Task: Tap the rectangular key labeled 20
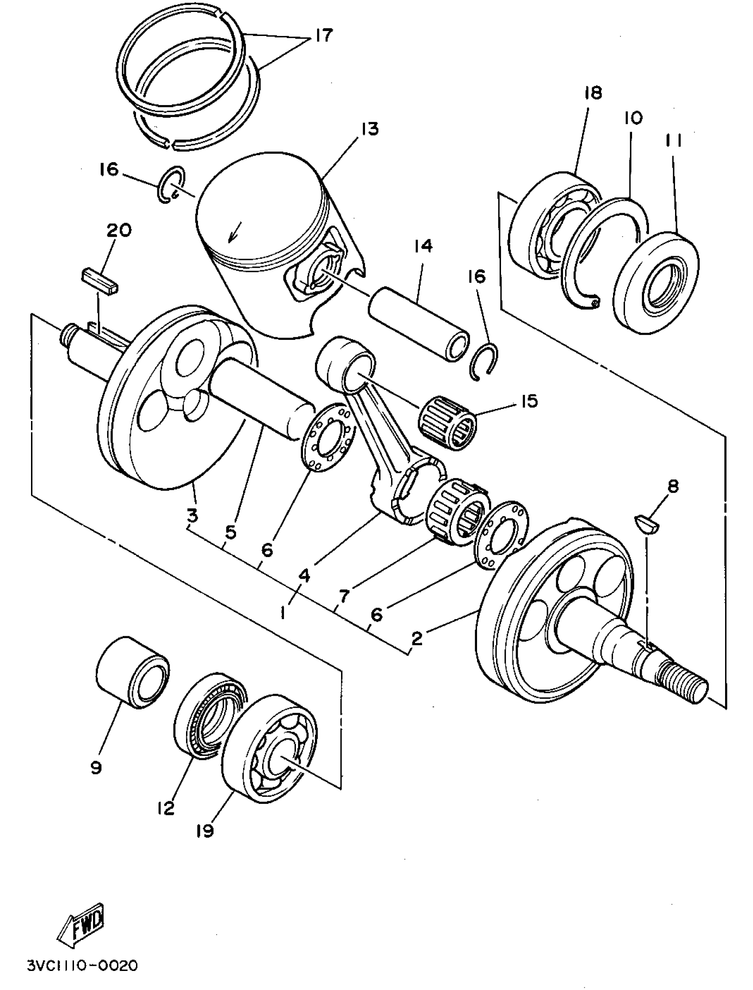[x=100, y=281]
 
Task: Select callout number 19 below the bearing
[x=205, y=831]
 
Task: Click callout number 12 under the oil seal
[x=165, y=808]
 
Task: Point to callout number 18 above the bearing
[x=593, y=93]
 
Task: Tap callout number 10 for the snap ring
[x=633, y=117]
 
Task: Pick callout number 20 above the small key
[x=119, y=230]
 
